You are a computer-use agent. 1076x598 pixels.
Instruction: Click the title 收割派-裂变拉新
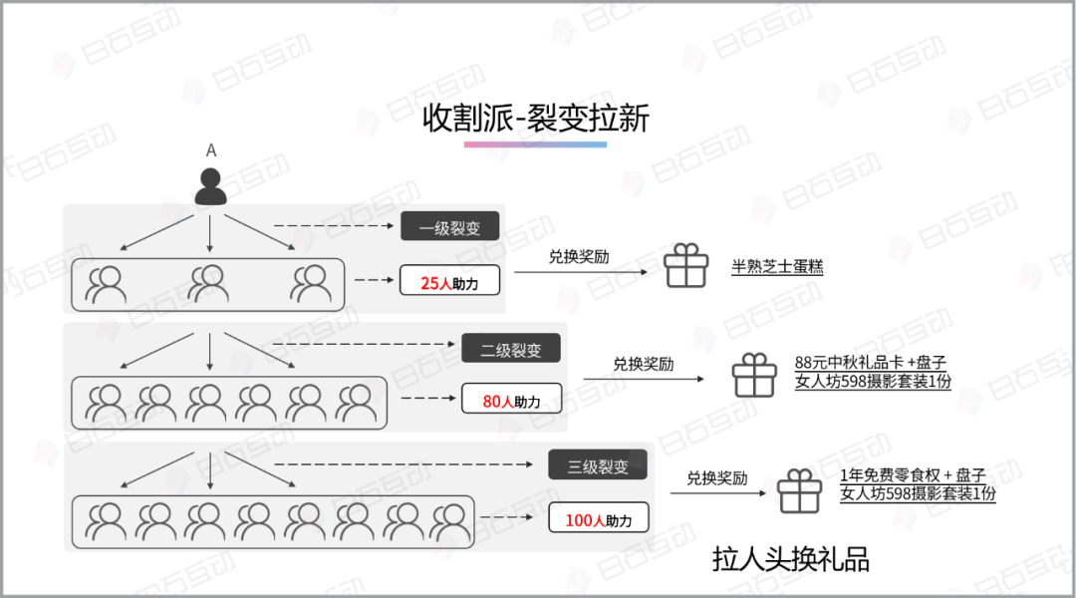536,119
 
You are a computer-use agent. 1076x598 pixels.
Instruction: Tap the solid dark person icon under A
210,186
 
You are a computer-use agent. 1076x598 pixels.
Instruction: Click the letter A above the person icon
210,150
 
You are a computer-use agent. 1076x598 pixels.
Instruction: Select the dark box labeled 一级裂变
449,227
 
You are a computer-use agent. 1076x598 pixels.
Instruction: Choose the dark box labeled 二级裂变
511,349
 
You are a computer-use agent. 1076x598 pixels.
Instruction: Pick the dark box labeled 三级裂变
598,465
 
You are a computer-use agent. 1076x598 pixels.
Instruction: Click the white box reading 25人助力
449,282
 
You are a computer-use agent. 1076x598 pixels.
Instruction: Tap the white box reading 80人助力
511,401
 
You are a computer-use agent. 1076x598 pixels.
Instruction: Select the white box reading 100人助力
598,519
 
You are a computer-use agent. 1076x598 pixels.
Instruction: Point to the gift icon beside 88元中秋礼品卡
754,377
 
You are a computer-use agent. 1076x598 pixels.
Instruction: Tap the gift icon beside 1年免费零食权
799,491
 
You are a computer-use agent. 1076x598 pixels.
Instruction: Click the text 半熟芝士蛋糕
777,267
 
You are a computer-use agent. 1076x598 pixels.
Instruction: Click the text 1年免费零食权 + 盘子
913,475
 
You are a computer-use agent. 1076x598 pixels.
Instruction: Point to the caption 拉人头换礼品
791,559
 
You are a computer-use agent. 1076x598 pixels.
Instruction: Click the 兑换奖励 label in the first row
579,256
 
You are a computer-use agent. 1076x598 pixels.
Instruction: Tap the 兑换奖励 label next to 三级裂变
716,477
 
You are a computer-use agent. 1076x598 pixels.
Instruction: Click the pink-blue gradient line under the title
535,145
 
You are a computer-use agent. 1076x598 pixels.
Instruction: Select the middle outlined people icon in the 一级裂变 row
209,283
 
